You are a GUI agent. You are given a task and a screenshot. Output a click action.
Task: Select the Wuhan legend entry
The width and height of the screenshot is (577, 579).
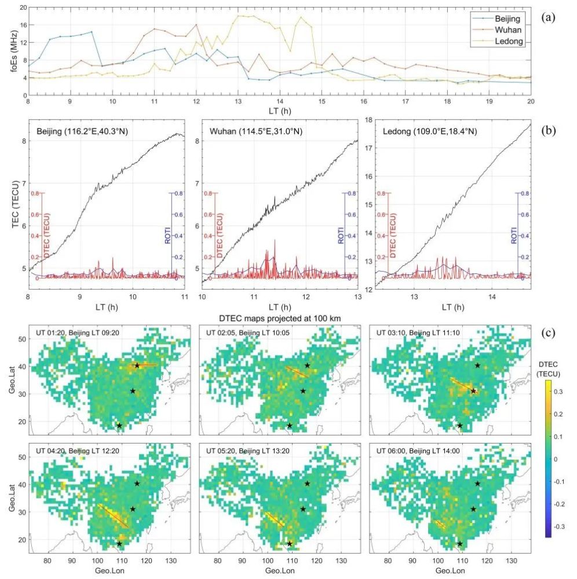pyautogui.click(x=508, y=30)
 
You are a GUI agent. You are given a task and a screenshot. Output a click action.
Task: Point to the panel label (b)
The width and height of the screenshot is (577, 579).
pyautogui.click(x=548, y=129)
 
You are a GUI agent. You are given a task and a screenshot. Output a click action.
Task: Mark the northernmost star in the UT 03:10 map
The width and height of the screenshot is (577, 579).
pyautogui.click(x=477, y=365)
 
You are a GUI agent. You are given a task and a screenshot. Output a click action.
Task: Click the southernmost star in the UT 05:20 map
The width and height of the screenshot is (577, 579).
pyautogui.click(x=290, y=544)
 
